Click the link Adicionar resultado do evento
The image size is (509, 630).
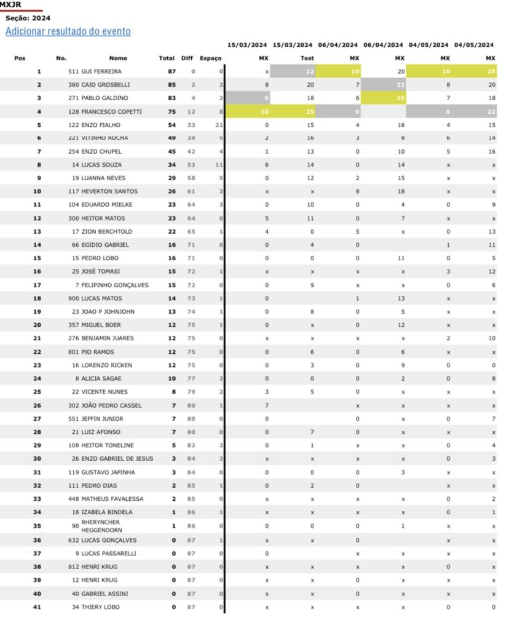[68, 31]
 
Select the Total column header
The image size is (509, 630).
[167, 58]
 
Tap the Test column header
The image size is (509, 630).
[307, 58]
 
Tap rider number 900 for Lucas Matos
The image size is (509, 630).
[74, 298]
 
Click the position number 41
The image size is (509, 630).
[37, 607]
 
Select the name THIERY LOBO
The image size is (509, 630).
[101, 607]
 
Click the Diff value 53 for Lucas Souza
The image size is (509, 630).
[192, 165]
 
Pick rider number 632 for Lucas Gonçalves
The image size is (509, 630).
[74, 540]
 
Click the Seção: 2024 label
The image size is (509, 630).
[28, 18]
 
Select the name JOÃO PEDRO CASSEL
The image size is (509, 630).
[112, 405]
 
